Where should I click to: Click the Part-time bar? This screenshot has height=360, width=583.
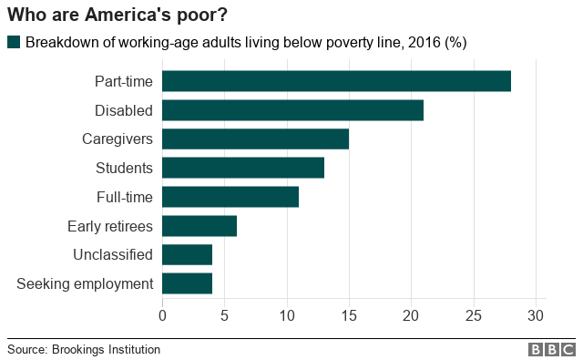pyautogui.click(x=336, y=81)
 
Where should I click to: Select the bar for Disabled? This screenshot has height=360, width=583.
pyautogui.click(x=292, y=110)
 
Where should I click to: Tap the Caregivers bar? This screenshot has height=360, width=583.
pyautogui.click(x=255, y=139)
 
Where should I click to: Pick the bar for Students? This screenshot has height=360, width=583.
pyautogui.click(x=243, y=168)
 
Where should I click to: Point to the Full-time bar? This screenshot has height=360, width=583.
pyautogui.click(x=230, y=197)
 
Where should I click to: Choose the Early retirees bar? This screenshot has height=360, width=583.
pyautogui.click(x=199, y=226)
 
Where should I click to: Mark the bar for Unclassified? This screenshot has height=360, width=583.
pyautogui.click(x=187, y=255)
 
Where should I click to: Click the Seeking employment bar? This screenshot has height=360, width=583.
pyautogui.click(x=187, y=283)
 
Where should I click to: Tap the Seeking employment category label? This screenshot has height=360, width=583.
pyautogui.click(x=85, y=284)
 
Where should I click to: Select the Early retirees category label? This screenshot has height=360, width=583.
pyautogui.click(x=110, y=226)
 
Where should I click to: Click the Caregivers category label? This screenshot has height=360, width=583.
pyautogui.click(x=118, y=139)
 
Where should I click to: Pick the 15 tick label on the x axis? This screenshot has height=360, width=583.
pyautogui.click(x=349, y=315)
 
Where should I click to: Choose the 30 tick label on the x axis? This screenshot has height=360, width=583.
pyautogui.click(x=536, y=315)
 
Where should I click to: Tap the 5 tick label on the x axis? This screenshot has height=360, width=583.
pyautogui.click(x=224, y=315)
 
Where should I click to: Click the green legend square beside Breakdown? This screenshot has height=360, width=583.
pyautogui.click(x=14, y=42)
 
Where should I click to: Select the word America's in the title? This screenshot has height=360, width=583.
pyautogui.click(x=128, y=15)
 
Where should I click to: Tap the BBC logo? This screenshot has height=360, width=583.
pyautogui.click(x=552, y=350)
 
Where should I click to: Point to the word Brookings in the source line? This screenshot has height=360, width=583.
pyautogui.click(x=78, y=350)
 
